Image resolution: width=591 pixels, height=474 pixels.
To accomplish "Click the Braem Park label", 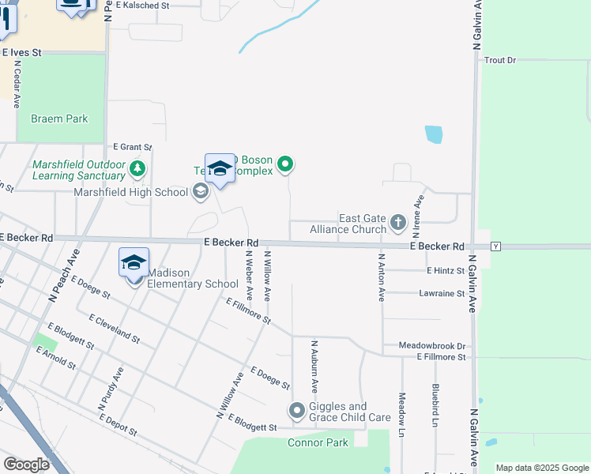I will click(x=59, y=118).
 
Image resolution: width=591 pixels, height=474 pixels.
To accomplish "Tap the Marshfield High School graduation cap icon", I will click(x=200, y=191).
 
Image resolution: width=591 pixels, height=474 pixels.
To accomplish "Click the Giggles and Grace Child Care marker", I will click(x=296, y=411).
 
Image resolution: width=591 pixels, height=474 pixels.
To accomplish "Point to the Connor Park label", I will click(x=318, y=442).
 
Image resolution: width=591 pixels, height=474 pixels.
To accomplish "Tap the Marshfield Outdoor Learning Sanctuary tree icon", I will click(x=138, y=168).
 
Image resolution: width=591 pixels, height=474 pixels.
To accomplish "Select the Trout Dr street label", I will click(x=499, y=60).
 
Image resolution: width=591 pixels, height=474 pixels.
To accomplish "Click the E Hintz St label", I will click(x=446, y=270).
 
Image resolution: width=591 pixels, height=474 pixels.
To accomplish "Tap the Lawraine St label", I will click(x=441, y=293).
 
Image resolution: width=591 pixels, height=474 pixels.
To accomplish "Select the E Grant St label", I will click(x=132, y=147).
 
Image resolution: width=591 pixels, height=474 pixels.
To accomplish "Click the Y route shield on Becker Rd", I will click(x=495, y=246).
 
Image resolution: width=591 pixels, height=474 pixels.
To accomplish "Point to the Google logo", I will click(x=26, y=464).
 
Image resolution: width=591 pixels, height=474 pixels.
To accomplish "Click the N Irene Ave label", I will click(x=416, y=213).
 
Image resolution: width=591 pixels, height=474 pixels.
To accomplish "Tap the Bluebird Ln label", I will click(x=435, y=406).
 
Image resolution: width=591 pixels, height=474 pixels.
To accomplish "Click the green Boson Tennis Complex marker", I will click(x=286, y=164).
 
